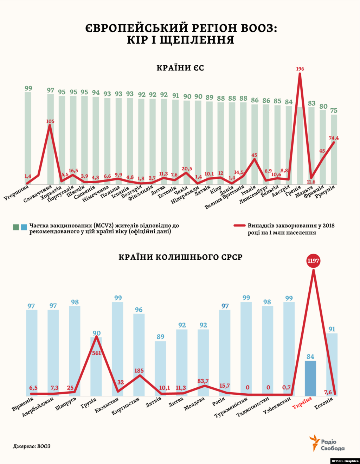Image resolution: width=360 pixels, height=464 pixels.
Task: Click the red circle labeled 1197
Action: (x=313, y=261)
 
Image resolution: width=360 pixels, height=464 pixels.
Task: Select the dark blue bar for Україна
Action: (x=310, y=378)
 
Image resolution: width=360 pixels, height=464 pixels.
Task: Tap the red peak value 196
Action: (x=300, y=69)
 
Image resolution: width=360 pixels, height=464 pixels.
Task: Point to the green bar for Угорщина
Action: (x=28, y=137)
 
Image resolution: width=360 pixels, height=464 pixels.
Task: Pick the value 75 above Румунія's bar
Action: (x=334, y=110)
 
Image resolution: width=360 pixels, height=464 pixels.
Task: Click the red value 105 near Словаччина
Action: (x=50, y=121)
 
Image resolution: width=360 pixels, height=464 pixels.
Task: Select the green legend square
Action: (x=16, y=227)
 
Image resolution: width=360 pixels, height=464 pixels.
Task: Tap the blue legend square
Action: (x=24, y=227)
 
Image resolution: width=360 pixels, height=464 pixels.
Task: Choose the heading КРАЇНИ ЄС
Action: (x=180, y=68)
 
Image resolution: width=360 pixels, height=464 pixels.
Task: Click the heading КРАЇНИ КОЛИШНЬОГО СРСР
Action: (x=180, y=257)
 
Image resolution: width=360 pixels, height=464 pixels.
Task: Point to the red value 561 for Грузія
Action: (x=96, y=353)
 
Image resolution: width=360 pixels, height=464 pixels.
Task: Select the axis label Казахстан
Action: (x=107, y=405)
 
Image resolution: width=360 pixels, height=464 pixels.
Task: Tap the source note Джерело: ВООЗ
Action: (x=32, y=446)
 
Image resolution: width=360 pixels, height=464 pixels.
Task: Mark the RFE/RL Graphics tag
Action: (x=345, y=461)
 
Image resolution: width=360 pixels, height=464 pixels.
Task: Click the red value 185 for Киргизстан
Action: (x=139, y=370)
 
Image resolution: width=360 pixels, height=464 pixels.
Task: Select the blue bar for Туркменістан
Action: (x=246, y=348)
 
